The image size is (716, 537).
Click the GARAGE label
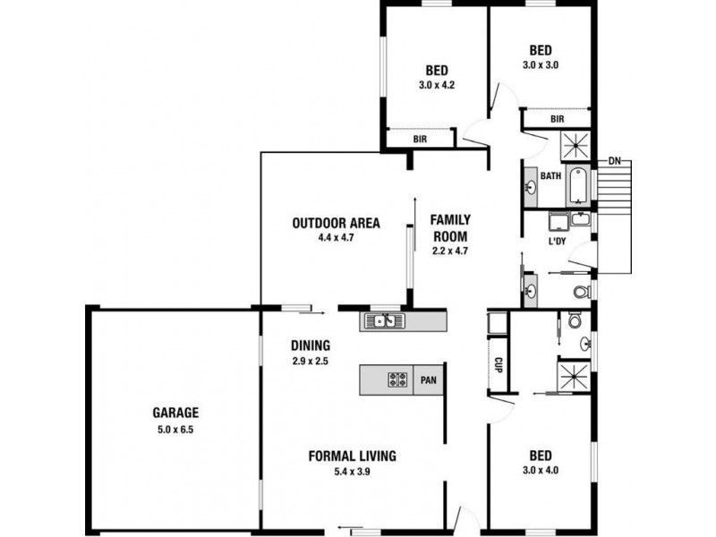coord(175,413)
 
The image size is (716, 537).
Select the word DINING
coord(311,345)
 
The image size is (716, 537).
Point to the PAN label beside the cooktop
coord(430,380)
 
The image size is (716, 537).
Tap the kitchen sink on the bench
coord(383,320)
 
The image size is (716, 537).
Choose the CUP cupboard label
coord(497,365)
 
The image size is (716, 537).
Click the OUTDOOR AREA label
coord(337,223)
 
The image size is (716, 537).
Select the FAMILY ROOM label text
coord(450,226)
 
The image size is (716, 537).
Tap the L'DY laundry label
coord(558,242)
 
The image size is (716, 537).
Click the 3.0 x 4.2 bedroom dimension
coord(437,86)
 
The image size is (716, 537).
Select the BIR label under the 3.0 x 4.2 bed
coord(420,140)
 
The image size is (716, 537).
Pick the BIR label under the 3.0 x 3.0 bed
coord(557,119)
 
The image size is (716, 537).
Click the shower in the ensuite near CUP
coord(574,374)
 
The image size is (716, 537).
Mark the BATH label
coord(550,176)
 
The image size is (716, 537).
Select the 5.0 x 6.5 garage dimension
coord(175,429)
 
